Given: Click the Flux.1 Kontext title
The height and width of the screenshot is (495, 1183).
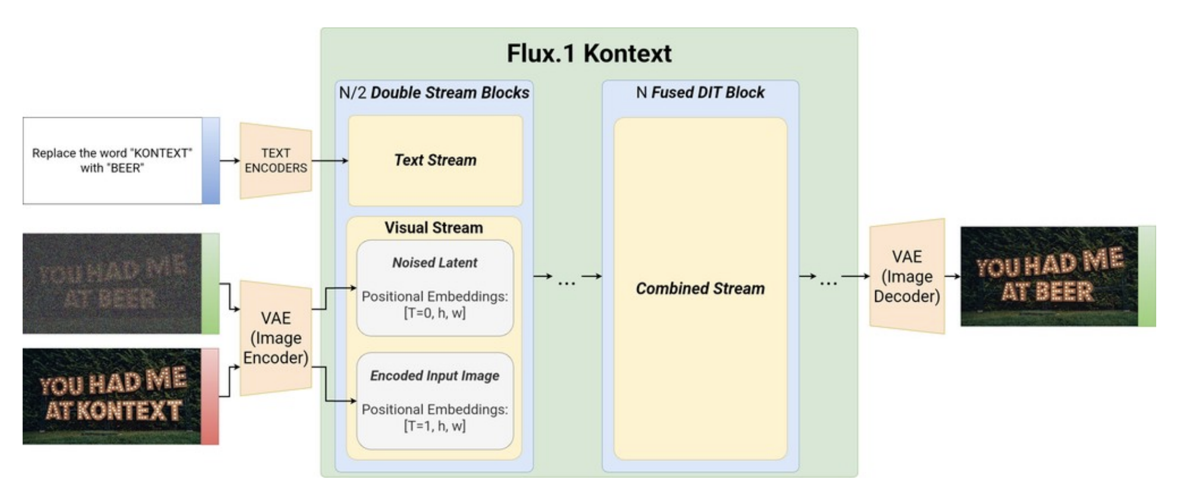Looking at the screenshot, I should click(x=589, y=54).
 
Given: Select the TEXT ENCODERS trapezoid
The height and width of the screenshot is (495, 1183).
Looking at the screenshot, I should click(x=276, y=161).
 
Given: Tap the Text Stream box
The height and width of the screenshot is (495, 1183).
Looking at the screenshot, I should click(x=435, y=160).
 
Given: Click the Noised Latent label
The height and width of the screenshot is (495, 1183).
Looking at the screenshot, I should click(x=434, y=262).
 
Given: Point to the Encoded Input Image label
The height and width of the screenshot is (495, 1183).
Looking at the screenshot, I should click(x=434, y=375).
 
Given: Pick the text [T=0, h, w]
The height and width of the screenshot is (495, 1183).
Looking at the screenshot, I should click(x=434, y=313).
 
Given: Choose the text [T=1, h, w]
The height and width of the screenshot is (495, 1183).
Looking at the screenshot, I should click(x=434, y=426).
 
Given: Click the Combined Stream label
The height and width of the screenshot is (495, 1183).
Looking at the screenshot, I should click(x=700, y=289).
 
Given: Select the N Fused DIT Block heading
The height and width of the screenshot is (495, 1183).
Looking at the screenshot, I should click(x=700, y=93).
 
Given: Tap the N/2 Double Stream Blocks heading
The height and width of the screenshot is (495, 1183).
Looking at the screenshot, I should click(x=434, y=93).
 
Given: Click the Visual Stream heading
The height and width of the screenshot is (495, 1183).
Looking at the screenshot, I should click(x=433, y=228).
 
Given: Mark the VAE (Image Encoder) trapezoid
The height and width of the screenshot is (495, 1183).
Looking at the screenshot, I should click(x=276, y=337).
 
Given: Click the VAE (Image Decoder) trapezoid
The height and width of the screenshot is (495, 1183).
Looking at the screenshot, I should click(x=906, y=276).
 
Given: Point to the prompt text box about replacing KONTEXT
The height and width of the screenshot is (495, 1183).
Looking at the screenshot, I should click(x=112, y=161).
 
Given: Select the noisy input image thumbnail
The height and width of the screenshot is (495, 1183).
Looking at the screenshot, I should click(x=112, y=283).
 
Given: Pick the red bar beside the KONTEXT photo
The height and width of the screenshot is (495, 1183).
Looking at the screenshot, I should click(x=209, y=397).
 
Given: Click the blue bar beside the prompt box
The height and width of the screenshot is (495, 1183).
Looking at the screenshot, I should click(x=211, y=161).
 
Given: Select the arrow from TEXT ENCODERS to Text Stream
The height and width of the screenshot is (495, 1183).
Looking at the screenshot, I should click(x=330, y=161).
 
